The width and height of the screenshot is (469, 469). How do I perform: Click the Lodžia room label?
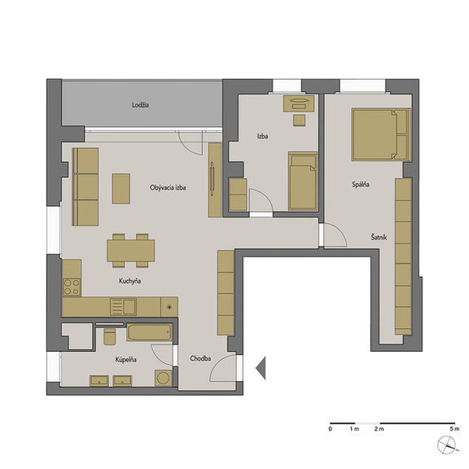[140, 105]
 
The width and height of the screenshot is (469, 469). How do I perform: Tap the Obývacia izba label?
[168, 187]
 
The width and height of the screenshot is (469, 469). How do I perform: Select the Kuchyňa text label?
[129, 281]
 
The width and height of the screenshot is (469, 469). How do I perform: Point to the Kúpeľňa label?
[126, 359]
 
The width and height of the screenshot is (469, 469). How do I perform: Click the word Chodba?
[200, 358]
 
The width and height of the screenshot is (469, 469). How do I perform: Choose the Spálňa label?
[361, 185]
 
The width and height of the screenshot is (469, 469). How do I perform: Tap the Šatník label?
[379, 237]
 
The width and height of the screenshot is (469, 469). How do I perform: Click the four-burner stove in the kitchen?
[72, 287]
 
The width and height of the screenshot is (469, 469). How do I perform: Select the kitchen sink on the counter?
[123, 307]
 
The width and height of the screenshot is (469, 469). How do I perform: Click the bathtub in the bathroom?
[150, 332]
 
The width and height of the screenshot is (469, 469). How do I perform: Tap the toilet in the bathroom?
[109, 336]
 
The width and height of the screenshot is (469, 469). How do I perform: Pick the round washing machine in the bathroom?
[164, 378]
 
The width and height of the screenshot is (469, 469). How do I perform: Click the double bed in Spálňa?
[380, 134]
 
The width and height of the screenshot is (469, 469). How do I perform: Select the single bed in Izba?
[303, 182]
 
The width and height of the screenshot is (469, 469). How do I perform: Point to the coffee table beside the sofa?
[121, 189]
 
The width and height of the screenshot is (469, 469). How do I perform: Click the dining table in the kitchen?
[131, 251]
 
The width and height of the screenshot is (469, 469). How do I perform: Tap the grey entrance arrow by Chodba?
[261, 368]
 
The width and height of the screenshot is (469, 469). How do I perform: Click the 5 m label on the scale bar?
[454, 429]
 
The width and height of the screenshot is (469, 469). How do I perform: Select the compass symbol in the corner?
[447, 445]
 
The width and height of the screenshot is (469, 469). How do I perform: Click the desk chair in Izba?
[299, 121]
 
